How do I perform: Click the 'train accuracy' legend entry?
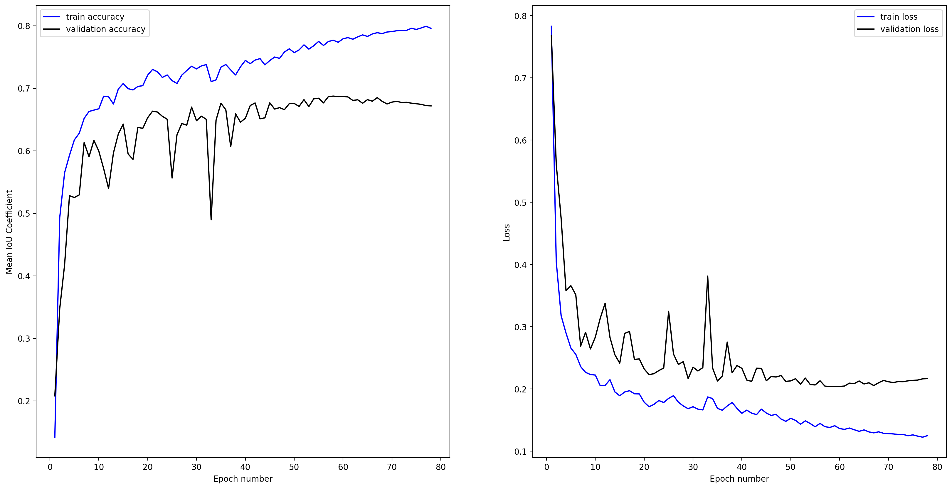(95, 17)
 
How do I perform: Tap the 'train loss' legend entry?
(899, 17)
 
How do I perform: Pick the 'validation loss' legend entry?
(909, 29)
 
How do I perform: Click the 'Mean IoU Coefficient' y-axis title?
(9, 232)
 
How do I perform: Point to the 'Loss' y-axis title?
(507, 233)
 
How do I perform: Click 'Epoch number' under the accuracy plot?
(243, 479)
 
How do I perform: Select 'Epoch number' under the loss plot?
(739, 479)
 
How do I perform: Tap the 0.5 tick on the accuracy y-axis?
(24, 213)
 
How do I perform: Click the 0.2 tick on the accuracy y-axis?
(24, 401)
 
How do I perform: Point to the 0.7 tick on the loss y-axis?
(520, 78)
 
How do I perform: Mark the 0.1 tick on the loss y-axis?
(520, 451)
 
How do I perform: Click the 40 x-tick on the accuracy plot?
(245, 467)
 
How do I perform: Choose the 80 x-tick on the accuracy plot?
(440, 467)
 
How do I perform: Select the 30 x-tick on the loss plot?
(693, 467)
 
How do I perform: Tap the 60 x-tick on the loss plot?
(839, 467)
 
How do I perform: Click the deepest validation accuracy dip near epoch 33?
(211, 219)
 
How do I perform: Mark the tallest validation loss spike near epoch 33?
(707, 276)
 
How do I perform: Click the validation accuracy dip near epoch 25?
(172, 178)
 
